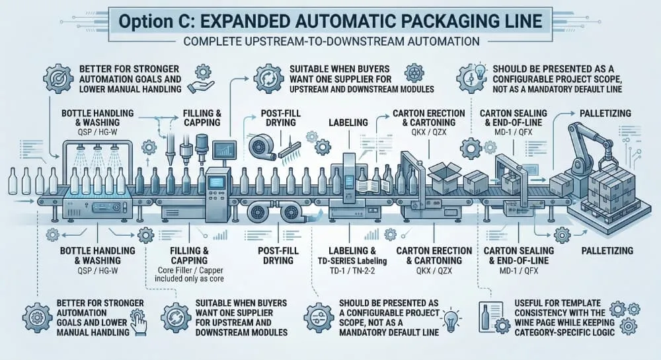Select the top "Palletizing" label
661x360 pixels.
pos(595,114)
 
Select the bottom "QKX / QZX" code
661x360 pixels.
pos(434,271)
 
